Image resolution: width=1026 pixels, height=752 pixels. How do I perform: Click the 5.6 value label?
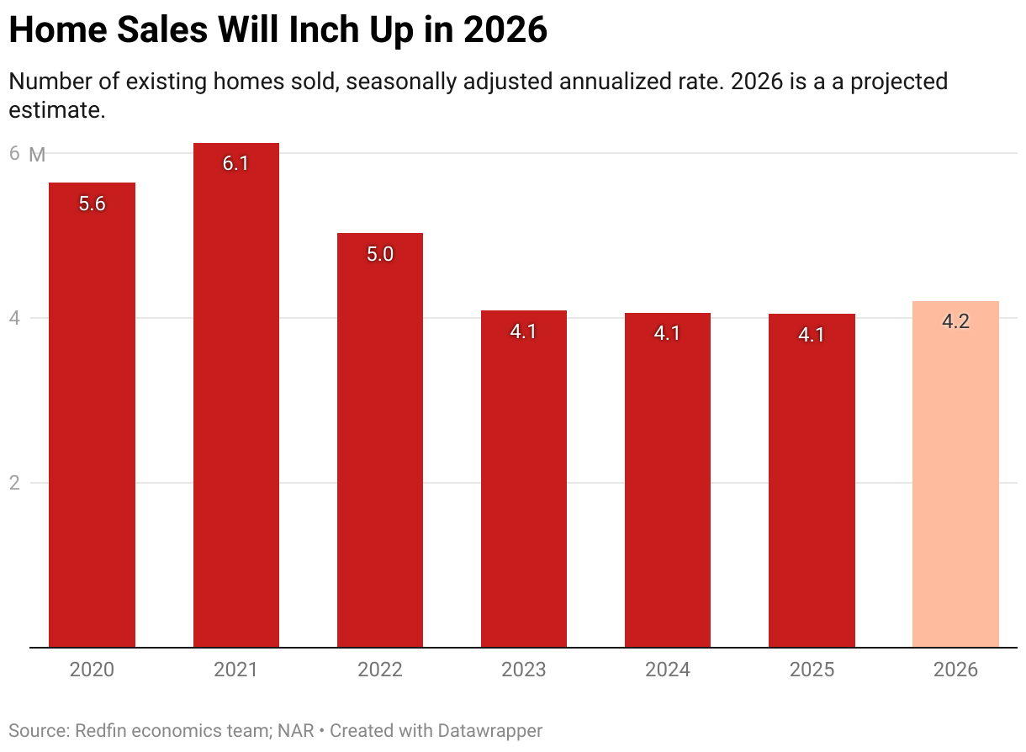[92, 204]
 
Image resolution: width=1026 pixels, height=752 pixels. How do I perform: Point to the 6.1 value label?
[235, 164]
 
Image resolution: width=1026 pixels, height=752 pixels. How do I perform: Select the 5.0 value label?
[380, 254]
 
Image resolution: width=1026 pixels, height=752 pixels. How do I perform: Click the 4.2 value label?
[955, 322]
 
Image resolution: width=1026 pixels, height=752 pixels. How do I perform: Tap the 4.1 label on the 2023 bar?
[523, 331]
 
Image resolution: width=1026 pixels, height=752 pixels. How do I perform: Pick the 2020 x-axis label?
[92, 670]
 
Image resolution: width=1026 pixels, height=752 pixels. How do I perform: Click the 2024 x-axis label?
[668, 670]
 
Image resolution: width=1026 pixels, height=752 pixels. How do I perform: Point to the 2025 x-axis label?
[812, 670]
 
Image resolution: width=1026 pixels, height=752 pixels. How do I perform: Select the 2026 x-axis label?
[955, 670]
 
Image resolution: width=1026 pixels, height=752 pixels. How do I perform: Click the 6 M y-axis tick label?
[25, 154]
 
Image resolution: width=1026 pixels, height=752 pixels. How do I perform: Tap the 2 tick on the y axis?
[13, 483]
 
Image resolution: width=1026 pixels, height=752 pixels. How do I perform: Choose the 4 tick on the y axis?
[13, 318]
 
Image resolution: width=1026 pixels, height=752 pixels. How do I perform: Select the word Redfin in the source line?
[101, 730]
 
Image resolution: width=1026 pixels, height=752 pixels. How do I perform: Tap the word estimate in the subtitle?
[56, 110]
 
